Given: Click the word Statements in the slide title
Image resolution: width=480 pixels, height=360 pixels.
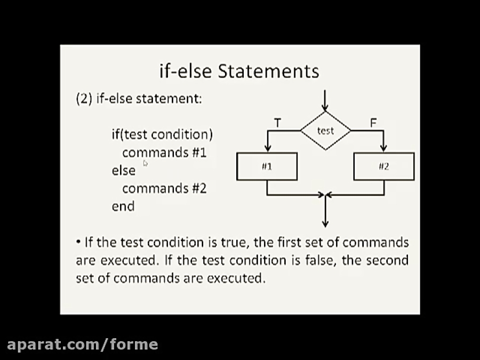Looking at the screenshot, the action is coord(268,71).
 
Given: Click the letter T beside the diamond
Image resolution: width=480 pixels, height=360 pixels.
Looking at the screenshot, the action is coord(277,123).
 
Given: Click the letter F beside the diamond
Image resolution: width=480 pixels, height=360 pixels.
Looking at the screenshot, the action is coord(373,123).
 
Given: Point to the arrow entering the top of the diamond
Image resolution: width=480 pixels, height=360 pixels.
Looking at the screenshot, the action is coord(325,101).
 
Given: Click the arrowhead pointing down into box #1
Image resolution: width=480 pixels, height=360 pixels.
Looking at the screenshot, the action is coord(268,148).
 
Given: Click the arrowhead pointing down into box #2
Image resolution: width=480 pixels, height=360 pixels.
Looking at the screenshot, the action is coord(383,148).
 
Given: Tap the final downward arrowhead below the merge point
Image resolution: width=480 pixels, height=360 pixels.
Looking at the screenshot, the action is coord(325,223).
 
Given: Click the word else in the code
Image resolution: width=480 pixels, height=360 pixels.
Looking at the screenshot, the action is coord(123,170).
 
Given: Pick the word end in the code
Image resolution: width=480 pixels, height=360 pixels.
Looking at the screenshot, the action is coord(123,206).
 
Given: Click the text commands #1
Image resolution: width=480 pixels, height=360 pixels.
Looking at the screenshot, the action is coord(164,153).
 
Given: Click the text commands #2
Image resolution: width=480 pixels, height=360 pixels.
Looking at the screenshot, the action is coord(164,188).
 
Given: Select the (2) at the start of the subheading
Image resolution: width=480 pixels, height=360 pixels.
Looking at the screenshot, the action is coord(84,99).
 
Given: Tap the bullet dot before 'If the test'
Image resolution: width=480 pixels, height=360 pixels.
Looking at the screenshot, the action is coord(78,242).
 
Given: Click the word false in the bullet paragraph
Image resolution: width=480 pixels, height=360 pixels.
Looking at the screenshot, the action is coord(321,260).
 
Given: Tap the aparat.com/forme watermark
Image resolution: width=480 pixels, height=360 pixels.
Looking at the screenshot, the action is coord(82,345).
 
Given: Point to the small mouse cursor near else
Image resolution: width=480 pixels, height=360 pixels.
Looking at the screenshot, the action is coord(145,164).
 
